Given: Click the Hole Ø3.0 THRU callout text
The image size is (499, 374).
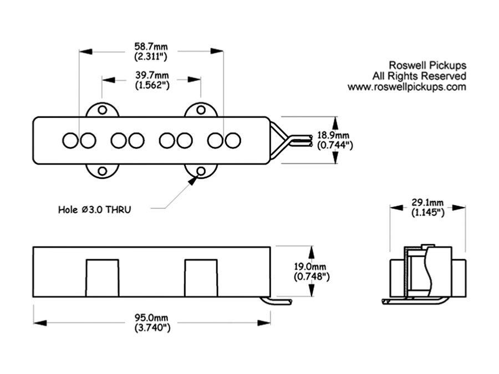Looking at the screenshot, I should [x=95, y=209].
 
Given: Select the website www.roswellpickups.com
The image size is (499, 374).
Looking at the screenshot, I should [x=406, y=87].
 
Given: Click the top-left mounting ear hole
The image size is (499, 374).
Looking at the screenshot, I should [x=102, y=110].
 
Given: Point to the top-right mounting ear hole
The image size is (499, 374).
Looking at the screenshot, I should [x=201, y=110].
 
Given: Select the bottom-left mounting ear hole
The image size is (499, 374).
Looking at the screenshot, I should [x=102, y=171].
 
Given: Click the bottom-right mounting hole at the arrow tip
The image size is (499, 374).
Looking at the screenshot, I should [x=201, y=171].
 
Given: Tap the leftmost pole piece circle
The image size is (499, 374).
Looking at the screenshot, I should [x=70, y=140].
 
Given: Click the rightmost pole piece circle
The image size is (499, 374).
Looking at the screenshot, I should [x=233, y=140].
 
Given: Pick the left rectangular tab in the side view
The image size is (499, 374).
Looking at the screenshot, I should [x=102, y=278].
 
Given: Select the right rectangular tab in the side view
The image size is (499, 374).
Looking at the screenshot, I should [x=201, y=278].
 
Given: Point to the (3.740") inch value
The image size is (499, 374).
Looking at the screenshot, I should [x=151, y=327].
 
